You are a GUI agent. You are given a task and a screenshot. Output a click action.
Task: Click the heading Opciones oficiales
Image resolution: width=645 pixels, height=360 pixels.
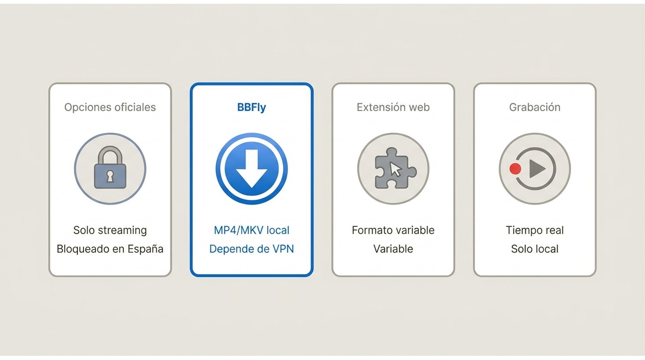(x=110, y=107)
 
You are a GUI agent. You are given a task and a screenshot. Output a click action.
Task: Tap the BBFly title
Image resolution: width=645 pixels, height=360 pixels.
(x=251, y=107)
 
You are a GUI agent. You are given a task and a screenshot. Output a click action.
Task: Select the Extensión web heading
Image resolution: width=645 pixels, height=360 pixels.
(x=393, y=107)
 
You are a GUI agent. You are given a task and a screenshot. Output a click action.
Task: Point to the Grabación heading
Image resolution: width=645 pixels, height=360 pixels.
(x=535, y=107)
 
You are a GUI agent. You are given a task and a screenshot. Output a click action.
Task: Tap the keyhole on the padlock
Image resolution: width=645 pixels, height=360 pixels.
(x=110, y=176)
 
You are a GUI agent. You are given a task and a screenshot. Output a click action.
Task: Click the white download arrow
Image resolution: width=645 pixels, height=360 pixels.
(x=252, y=169)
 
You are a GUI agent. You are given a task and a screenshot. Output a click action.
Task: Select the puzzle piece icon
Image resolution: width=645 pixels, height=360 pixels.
(x=395, y=168)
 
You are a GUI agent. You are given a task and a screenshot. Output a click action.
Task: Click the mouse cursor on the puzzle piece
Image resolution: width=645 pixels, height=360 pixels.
(x=395, y=169)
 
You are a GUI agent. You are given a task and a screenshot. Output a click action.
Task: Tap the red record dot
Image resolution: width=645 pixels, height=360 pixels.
(x=515, y=169)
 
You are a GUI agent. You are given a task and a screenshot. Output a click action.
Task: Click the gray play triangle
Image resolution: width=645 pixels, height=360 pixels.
(x=537, y=169)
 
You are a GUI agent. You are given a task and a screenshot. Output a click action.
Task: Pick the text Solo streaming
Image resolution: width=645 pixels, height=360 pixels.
(x=110, y=230)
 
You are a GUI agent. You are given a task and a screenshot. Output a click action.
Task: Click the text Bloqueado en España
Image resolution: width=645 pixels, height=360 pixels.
(x=110, y=249)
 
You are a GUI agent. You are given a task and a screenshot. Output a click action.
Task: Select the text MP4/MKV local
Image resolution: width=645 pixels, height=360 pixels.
(x=251, y=230)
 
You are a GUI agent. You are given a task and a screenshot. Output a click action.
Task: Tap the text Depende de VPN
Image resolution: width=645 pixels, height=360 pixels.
(x=251, y=249)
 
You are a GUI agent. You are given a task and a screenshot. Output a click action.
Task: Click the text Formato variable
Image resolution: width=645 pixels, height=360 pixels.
(x=393, y=230)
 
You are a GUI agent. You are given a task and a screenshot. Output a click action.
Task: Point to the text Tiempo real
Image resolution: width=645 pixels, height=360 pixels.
(x=535, y=230)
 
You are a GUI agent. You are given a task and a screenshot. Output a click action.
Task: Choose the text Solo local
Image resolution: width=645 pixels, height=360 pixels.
(x=535, y=249)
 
